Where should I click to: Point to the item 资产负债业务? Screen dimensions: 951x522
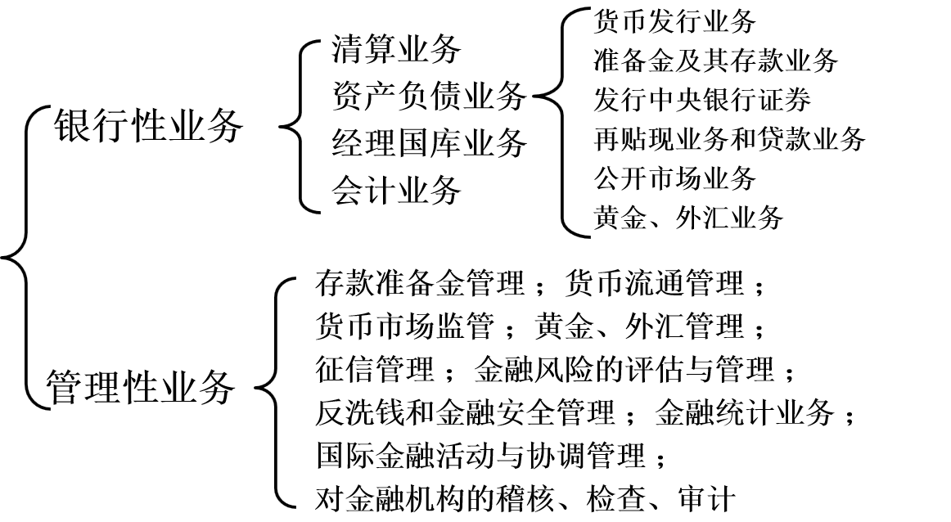coord(429,97)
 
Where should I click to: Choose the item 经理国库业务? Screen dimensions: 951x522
coord(429,144)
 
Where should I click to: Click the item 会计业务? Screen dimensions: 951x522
coord(397,191)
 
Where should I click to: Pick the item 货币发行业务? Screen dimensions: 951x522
coord(674,20)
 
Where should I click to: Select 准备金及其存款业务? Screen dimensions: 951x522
coord(715,60)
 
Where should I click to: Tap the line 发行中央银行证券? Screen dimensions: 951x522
coord(702,99)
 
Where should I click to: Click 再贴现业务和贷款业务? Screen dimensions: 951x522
coord(729,138)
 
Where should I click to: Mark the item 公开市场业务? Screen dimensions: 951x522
coord(674,178)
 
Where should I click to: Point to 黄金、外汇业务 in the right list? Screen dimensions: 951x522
coord(688,217)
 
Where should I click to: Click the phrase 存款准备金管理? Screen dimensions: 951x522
coord(419,285)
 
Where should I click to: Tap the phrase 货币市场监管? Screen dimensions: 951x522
coord(404,327)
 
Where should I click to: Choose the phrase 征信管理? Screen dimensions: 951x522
coord(374,370)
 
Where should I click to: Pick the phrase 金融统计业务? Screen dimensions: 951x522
coord(744,412)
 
